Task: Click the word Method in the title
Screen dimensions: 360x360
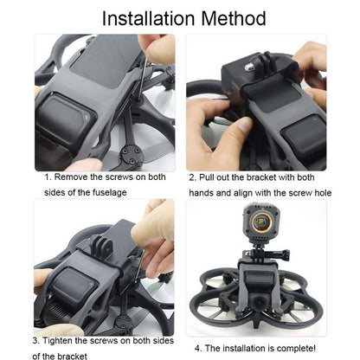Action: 232,17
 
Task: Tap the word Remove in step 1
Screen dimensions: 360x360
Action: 79,176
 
